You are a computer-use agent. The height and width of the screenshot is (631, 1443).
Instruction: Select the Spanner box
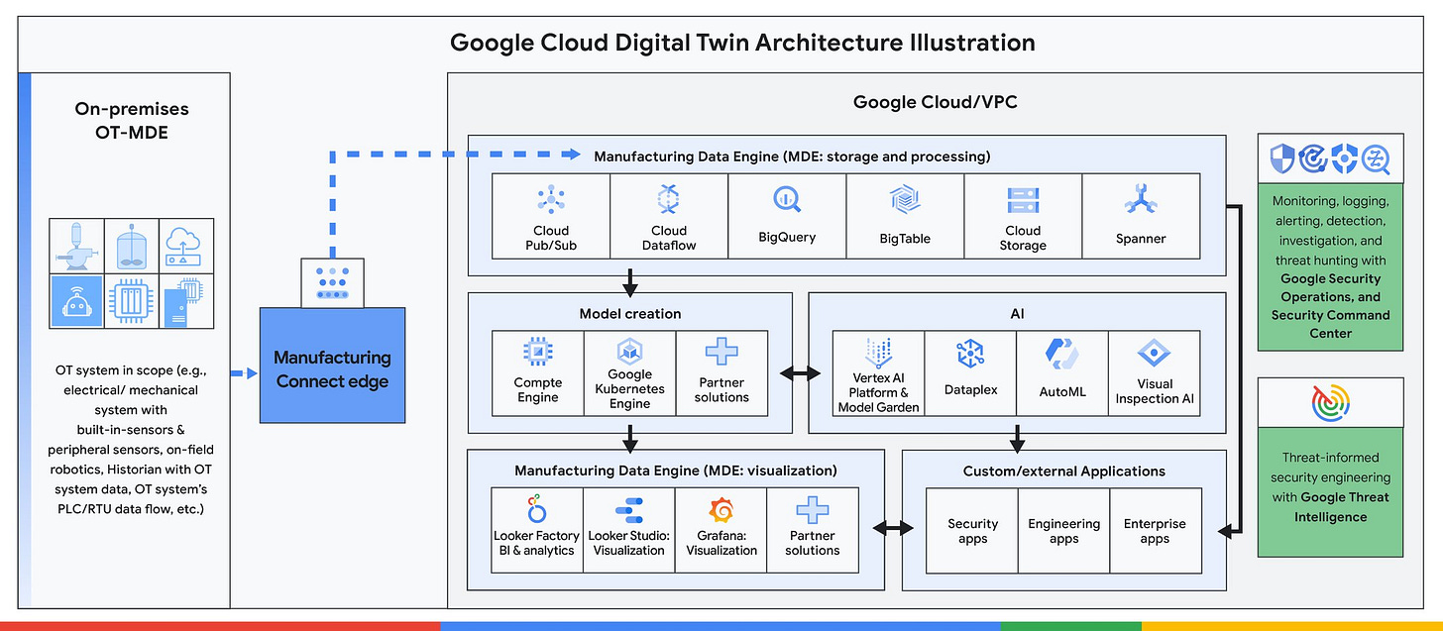pos(1141,213)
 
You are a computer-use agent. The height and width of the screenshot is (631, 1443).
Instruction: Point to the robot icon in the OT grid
pos(77,301)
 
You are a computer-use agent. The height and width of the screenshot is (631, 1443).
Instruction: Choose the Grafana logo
pos(721,511)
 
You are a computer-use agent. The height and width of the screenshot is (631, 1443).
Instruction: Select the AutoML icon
pos(1062,355)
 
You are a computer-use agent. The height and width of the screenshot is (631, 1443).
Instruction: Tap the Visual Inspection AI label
pos(1155,391)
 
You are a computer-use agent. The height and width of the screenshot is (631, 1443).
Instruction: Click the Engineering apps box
pos(1063,531)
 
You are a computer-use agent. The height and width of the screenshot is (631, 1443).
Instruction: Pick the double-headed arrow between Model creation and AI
pos(800,373)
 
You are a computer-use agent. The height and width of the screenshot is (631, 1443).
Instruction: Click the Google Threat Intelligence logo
pos(1330,404)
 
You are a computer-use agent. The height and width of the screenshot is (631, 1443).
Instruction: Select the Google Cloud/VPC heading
pos(935,102)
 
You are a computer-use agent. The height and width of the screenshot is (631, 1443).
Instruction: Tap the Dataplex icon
pos(969,355)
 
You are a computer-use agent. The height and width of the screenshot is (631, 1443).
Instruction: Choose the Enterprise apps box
pos(1155,531)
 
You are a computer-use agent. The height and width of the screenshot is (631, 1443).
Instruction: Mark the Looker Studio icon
pos(629,511)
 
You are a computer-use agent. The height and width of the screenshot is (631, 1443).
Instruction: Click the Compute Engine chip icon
pos(537,351)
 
